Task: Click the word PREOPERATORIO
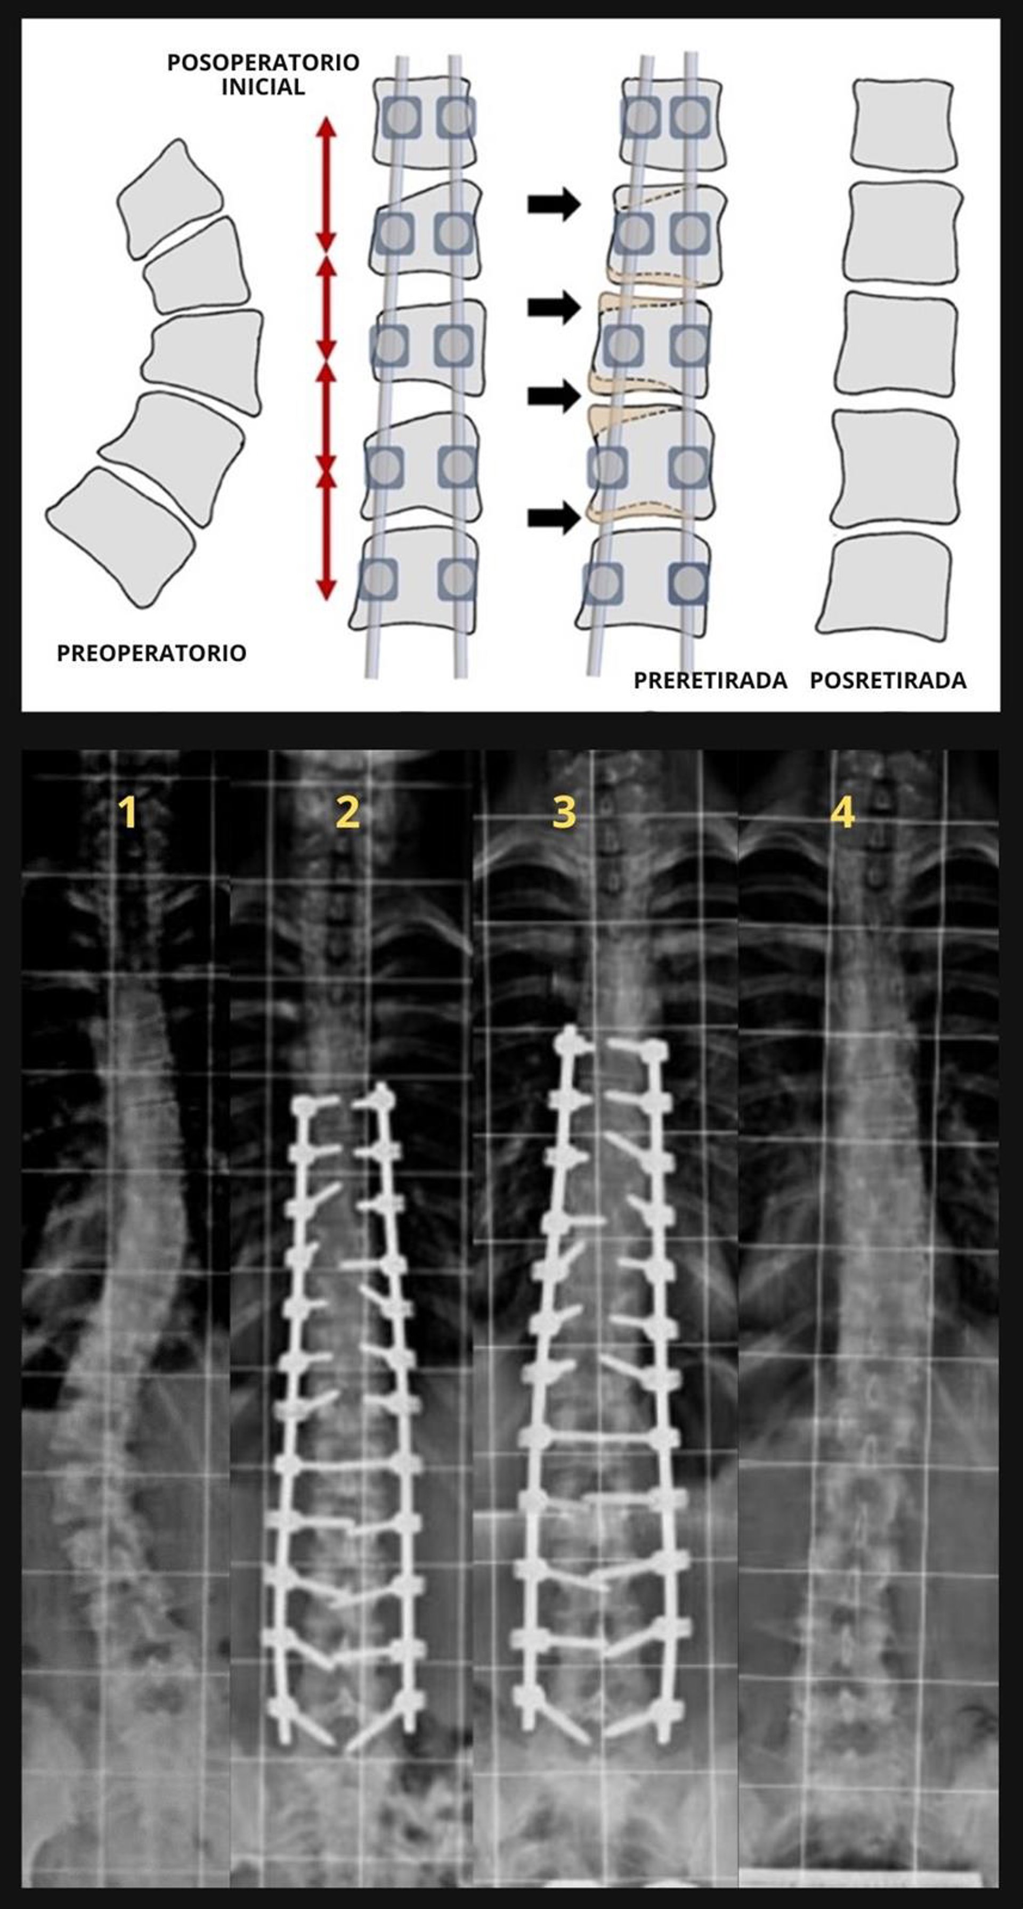click(151, 653)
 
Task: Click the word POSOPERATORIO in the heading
click(263, 62)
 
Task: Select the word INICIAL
click(263, 87)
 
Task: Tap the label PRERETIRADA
click(709, 681)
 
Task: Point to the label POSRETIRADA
click(887, 681)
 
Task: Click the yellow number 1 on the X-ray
click(129, 813)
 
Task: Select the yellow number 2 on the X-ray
click(347, 813)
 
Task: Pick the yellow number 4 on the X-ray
click(842, 813)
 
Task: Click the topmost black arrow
click(553, 204)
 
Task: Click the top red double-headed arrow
click(326, 185)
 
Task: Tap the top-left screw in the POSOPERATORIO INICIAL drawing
click(402, 117)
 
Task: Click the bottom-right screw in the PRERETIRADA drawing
click(688, 583)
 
